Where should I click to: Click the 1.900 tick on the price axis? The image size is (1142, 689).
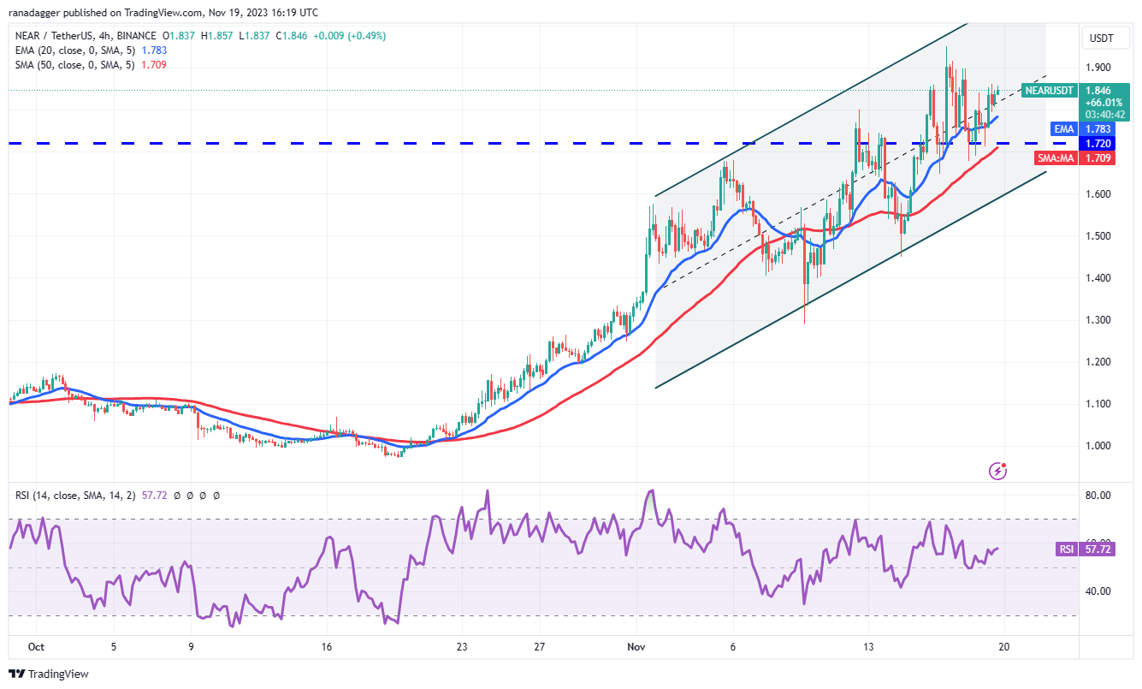point(1098,68)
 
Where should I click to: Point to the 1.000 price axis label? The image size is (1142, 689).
point(1098,446)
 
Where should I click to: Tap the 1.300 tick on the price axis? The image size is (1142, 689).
point(1098,320)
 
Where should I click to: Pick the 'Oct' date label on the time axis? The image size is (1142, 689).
point(35,647)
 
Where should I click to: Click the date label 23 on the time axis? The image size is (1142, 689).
point(462,647)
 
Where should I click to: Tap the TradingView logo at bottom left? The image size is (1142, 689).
point(49,674)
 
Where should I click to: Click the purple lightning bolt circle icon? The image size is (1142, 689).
point(997,470)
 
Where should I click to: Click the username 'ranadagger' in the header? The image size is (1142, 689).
point(40,13)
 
